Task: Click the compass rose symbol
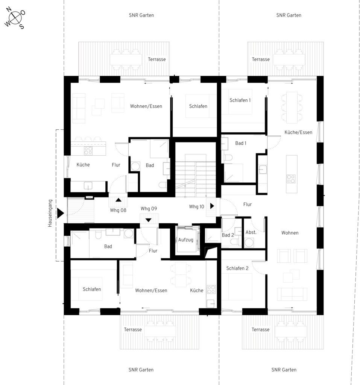[15, 18]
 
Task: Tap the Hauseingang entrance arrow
[61, 213]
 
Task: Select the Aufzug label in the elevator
[185, 240]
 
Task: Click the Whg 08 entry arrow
[118, 200]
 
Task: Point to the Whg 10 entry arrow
[212, 206]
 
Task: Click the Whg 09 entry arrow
[149, 220]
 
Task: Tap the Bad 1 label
[241, 143]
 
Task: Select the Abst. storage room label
[251, 232]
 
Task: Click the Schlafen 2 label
[237, 268]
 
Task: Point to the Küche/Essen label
[298, 132]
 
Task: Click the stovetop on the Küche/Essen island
[291, 179]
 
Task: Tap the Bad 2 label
[228, 235]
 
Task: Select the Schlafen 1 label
[240, 100]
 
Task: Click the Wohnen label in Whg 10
[290, 233]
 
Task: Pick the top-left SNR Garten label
[141, 15]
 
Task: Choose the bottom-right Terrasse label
[260, 329]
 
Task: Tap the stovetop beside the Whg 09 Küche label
[211, 289]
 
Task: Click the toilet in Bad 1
[228, 158]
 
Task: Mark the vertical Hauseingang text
[50, 213]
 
